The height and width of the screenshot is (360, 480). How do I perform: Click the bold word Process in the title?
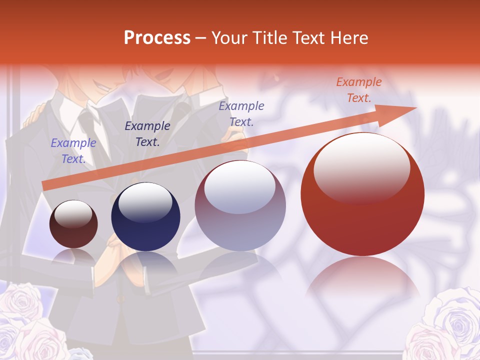157,38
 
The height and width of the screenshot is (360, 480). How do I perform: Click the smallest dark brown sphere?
73,224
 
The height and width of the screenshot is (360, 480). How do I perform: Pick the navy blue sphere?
145,217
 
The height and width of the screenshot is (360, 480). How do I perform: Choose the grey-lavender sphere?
240,206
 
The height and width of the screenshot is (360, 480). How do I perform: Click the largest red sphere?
362,194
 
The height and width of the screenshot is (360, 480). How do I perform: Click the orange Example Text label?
358,90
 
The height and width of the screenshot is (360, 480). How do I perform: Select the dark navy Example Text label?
147,134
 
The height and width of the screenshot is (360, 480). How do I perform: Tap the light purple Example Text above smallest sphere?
73,151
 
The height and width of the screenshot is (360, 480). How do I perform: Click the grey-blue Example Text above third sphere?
241,113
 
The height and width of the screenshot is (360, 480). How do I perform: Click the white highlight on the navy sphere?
145,202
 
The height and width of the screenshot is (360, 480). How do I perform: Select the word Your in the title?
229,38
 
